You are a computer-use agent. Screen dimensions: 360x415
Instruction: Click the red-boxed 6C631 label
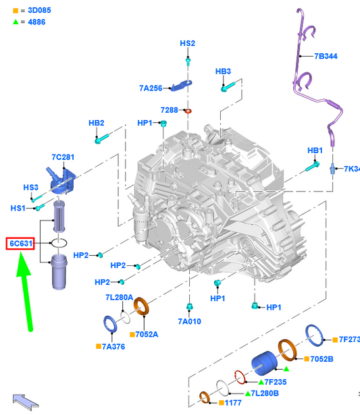tap(20, 244)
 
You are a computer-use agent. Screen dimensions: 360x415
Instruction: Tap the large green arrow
tap(25, 291)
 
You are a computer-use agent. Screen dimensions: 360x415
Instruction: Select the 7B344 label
tap(326, 56)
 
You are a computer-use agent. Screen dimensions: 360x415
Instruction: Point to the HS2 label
tap(187, 43)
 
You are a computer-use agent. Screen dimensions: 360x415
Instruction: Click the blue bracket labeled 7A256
tap(182, 86)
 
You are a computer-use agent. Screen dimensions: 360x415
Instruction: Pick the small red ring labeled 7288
tap(188, 111)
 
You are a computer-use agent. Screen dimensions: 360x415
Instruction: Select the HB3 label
tap(223, 72)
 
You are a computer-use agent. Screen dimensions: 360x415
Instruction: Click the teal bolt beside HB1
tap(312, 167)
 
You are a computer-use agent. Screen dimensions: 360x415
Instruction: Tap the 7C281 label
tap(63, 157)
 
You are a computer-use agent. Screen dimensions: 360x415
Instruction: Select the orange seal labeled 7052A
tap(141, 306)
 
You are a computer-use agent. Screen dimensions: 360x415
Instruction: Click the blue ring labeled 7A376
tap(110, 324)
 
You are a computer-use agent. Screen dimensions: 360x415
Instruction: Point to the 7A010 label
tap(189, 321)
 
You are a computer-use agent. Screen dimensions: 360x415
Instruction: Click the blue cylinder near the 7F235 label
tap(264, 364)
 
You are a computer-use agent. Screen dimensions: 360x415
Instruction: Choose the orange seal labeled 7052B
tap(287, 350)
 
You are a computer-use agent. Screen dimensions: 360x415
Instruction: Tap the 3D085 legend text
tap(39, 10)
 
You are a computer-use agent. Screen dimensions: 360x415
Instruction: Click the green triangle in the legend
tap(16, 22)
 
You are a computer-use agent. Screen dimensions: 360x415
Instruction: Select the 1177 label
tap(233, 403)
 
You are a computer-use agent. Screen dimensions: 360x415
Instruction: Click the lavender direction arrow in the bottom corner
tap(25, 402)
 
